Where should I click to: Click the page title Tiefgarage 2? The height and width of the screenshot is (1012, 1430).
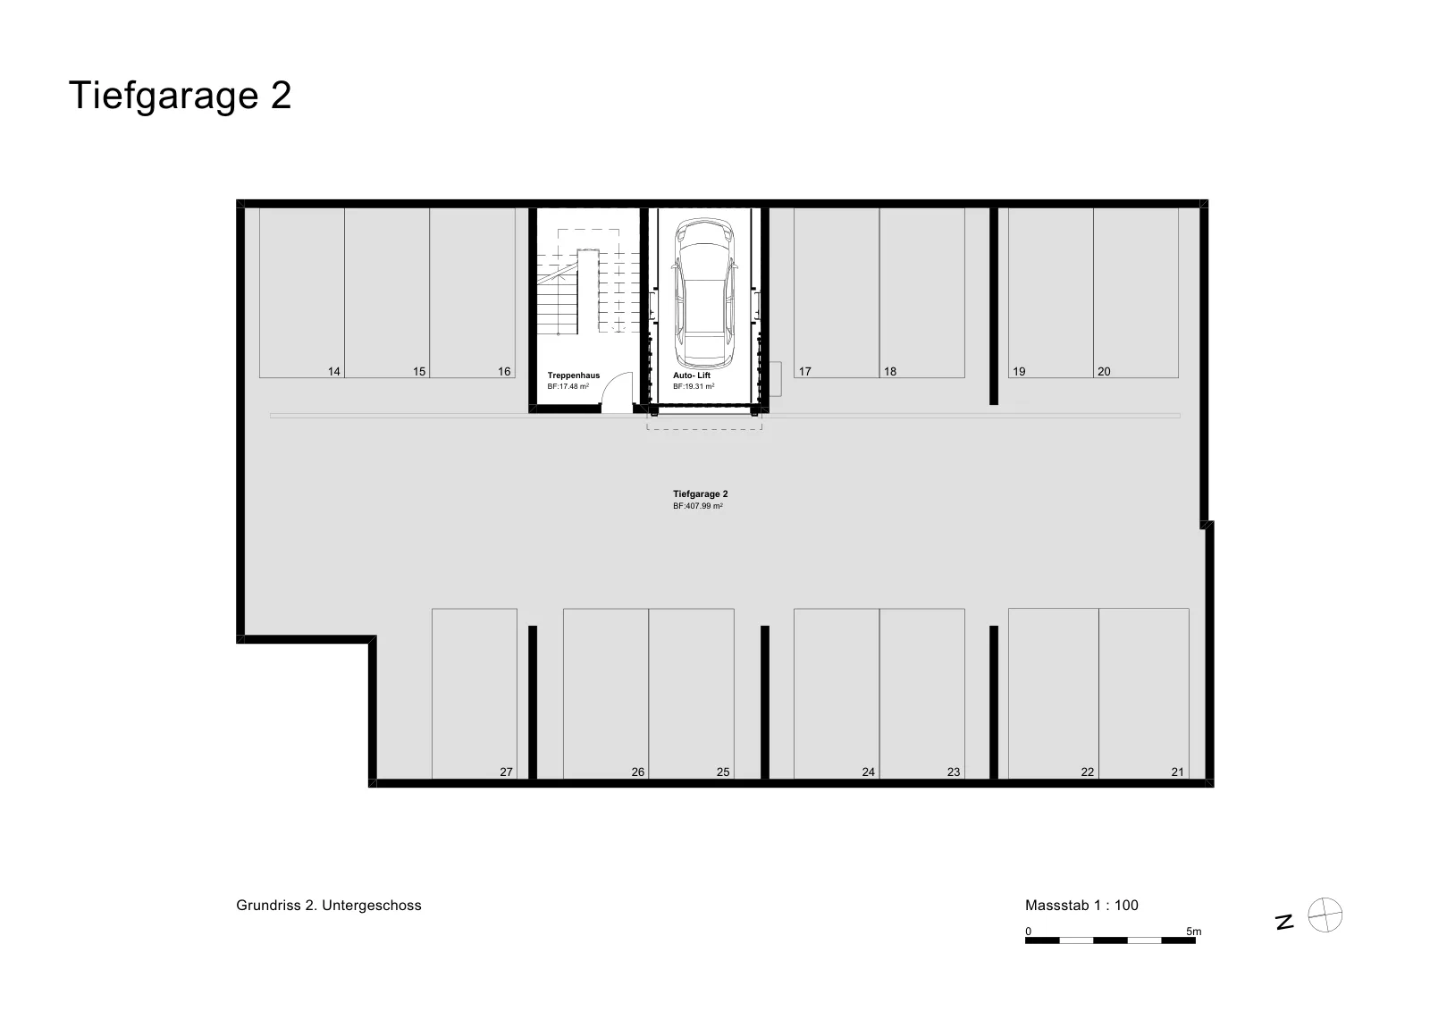180,96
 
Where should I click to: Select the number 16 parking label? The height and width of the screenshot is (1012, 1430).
504,372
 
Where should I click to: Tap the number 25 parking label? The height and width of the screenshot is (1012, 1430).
723,772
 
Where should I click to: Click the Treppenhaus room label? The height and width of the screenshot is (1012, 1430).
573,375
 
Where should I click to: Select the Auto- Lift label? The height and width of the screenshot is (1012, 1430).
692,375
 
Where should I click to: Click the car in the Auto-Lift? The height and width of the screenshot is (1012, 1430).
704,293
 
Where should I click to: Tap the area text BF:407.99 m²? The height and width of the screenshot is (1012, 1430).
698,506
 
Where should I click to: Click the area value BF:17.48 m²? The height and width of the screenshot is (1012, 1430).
568,386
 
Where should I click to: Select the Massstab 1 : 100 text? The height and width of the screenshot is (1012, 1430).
1081,906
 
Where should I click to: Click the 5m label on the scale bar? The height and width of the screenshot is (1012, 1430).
1194,932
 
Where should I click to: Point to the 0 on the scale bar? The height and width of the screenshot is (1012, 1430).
1029,932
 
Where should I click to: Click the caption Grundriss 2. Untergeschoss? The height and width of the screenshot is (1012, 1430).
329,906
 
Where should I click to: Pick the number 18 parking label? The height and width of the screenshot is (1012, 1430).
890,372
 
